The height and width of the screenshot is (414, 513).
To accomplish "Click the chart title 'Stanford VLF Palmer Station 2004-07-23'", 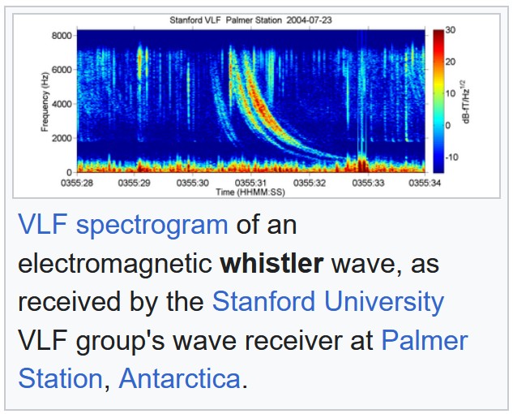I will pyautogui.click(x=250, y=19).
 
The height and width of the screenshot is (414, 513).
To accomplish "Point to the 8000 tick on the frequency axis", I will pyautogui.click(x=62, y=36).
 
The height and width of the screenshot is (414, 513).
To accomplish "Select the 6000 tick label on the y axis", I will pyautogui.click(x=62, y=70).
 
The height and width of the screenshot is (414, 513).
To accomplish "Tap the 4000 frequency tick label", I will pyautogui.click(x=62, y=104).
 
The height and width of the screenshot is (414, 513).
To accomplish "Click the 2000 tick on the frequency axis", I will pyautogui.click(x=62, y=138).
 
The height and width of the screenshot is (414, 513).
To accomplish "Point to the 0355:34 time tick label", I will pyautogui.click(x=424, y=184).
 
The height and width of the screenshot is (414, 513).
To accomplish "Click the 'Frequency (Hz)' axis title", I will pyautogui.click(x=45, y=104).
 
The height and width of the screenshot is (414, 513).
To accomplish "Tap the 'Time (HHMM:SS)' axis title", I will pyautogui.click(x=250, y=192).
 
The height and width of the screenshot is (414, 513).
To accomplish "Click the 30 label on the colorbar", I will pyautogui.click(x=451, y=30).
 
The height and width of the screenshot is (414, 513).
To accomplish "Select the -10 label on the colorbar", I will pyautogui.click(x=452, y=157).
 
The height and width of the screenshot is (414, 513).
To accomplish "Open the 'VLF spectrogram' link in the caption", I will pyautogui.click(x=122, y=225).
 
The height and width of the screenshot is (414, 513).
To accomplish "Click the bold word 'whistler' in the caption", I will pyautogui.click(x=271, y=264).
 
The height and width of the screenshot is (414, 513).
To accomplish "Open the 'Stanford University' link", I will pyautogui.click(x=327, y=303).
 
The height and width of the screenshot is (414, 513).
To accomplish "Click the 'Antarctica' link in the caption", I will pyautogui.click(x=179, y=379).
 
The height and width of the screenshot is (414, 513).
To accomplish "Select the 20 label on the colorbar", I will pyautogui.click(x=451, y=62).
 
